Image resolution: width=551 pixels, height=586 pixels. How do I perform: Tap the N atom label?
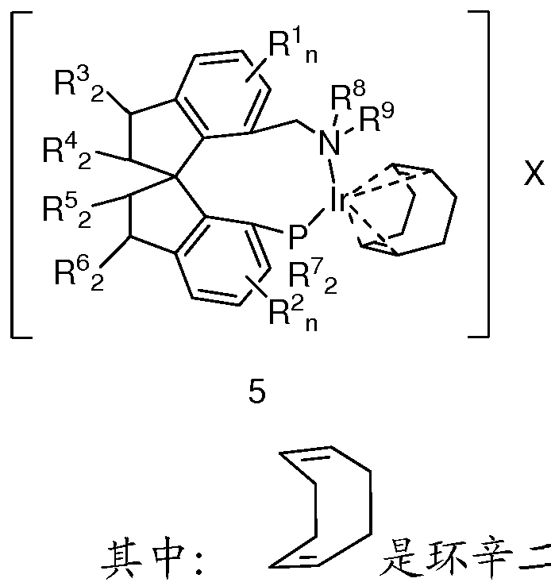[x=329, y=144]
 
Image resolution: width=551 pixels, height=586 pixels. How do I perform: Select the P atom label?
[x=298, y=237]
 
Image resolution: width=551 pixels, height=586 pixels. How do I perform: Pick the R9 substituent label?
[x=376, y=117]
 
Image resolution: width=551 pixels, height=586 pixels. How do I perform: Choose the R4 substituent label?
[x=67, y=152]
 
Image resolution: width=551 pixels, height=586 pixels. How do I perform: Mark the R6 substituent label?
[x=79, y=274]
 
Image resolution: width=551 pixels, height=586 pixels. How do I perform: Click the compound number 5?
[x=257, y=392]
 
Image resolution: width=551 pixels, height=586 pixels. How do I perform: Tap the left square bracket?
[x=21, y=175]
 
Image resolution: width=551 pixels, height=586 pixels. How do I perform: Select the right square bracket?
[x=479, y=175]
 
